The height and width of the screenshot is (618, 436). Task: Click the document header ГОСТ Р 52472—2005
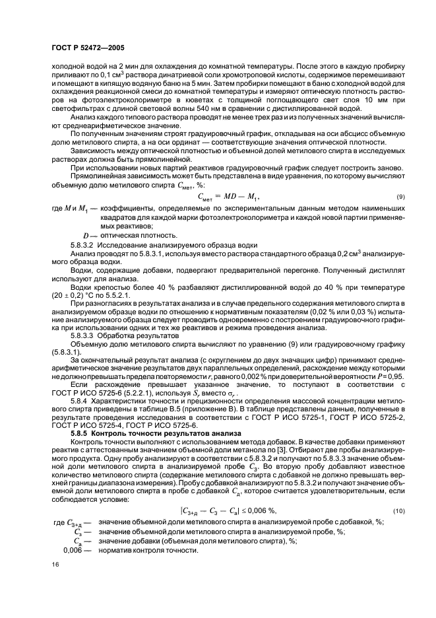(x=88, y=48)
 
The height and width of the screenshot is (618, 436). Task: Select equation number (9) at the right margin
(x=400, y=197)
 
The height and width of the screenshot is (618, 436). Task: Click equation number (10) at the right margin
(x=398, y=493)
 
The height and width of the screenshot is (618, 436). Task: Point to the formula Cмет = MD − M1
(x=228, y=197)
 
